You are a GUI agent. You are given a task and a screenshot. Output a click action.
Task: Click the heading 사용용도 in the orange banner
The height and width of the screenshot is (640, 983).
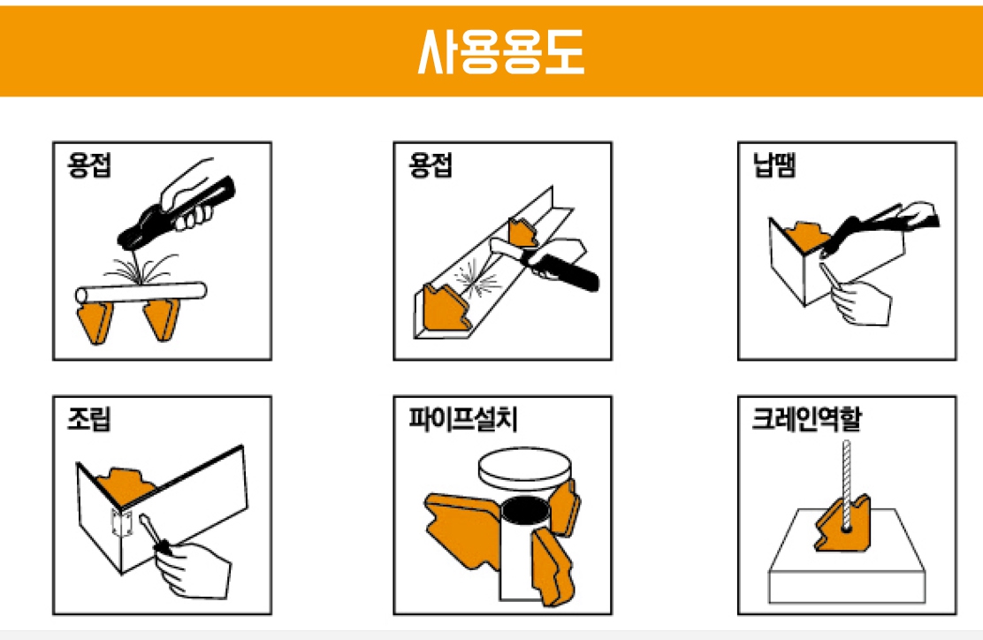(501, 51)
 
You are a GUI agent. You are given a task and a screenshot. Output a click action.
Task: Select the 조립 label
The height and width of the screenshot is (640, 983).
(89, 418)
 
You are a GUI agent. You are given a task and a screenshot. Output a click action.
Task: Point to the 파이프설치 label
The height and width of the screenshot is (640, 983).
(462, 418)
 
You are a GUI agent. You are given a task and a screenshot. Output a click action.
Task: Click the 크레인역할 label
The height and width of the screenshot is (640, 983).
(807, 418)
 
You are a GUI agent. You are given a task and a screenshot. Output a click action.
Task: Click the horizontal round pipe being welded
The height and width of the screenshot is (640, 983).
(141, 293)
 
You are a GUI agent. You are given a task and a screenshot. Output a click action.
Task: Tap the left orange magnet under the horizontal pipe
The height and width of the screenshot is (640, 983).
(95, 322)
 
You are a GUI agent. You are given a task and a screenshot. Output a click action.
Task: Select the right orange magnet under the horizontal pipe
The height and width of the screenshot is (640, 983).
(162, 320)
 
